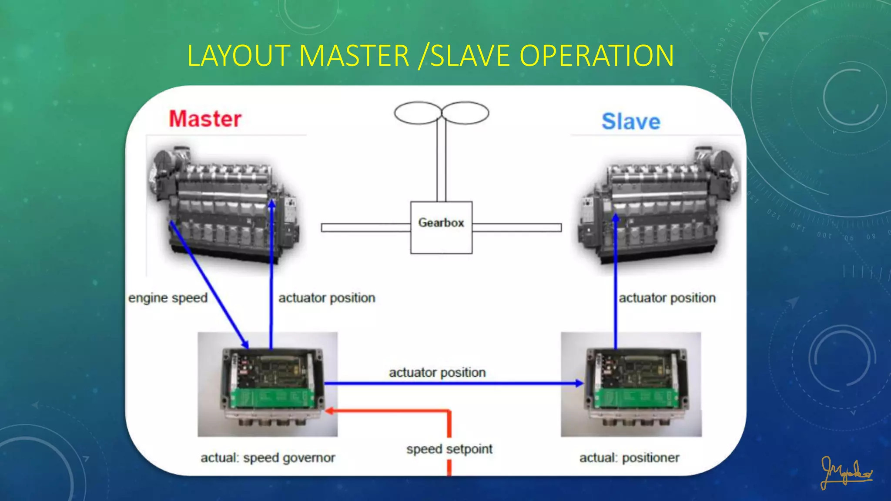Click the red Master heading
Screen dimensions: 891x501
pyautogui.click(x=205, y=119)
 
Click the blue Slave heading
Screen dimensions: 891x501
pyautogui.click(x=631, y=121)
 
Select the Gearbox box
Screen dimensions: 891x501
pyautogui.click(x=441, y=227)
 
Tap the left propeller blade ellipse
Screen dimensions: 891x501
pyautogui.click(x=418, y=113)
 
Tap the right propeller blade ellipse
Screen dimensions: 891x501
pyautogui.click(x=465, y=113)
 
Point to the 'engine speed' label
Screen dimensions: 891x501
pyautogui.click(x=168, y=298)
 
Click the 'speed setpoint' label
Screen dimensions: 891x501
pyautogui.click(x=449, y=449)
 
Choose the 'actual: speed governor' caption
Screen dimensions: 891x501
pyautogui.click(x=268, y=458)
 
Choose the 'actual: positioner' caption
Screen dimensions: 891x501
pyautogui.click(x=629, y=458)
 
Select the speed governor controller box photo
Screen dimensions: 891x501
pyautogui.click(x=268, y=384)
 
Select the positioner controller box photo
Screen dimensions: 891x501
pyautogui.click(x=631, y=384)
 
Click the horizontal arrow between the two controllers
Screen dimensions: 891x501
pyautogui.click(x=454, y=383)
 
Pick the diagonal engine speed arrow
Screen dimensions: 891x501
pyautogui.click(x=209, y=285)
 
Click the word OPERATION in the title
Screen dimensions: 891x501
pyautogui.click(x=597, y=56)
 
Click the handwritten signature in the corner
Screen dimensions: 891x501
pyautogui.click(x=846, y=472)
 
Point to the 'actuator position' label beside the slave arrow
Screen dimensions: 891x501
pyautogui.click(x=667, y=298)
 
